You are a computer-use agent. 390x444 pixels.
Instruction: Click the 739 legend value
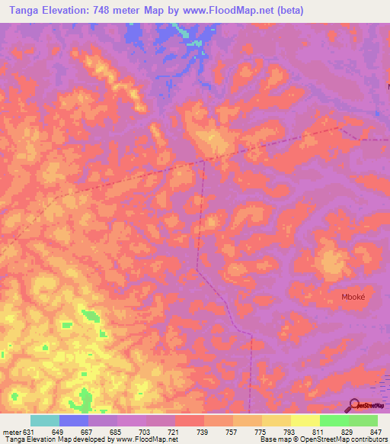203,431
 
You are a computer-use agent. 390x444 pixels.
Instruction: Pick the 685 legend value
117,431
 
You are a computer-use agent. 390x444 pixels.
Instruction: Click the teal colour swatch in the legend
45,420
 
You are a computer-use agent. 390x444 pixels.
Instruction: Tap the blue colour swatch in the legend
74,420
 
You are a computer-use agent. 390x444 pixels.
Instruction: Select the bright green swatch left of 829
334,420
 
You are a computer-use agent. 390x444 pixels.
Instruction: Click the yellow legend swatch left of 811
305,420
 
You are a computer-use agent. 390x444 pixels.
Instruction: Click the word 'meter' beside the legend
11,431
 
